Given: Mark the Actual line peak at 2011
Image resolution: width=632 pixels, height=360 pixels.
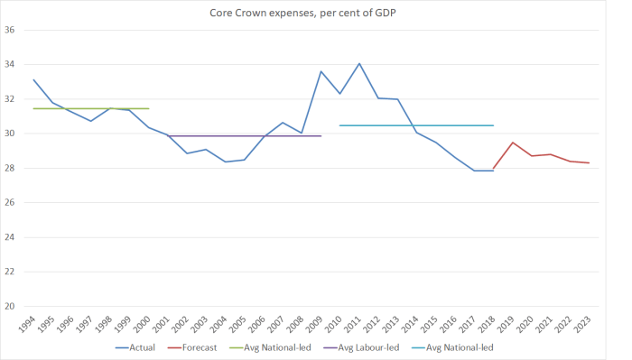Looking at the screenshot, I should [x=359, y=64].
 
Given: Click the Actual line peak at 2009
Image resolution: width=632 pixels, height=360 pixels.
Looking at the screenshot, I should [x=321, y=71].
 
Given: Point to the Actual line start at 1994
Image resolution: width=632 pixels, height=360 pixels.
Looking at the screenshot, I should [x=33, y=79].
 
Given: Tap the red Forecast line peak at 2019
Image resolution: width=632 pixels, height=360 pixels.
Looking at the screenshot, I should [x=512, y=143].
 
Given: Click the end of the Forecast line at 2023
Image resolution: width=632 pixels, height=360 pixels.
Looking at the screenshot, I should [x=589, y=163].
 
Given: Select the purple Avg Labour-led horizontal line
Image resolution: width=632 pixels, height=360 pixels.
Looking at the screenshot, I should [x=244, y=136].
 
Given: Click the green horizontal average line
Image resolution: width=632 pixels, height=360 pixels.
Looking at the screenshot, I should [x=90, y=108].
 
